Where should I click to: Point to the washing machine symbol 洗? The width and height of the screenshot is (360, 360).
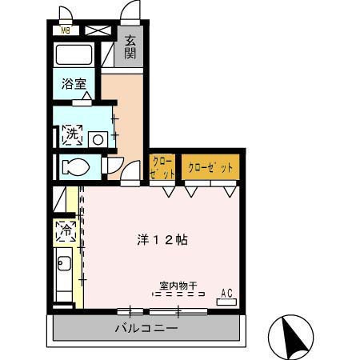coord(71,135)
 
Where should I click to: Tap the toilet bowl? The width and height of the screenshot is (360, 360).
coord(78,168)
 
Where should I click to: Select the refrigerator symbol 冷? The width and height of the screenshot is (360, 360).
coord(65,232)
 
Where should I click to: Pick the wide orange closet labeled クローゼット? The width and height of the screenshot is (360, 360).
coord(210,168)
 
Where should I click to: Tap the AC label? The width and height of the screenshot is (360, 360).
coord(226,291)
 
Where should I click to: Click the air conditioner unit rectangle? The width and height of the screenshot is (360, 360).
coord(226,302)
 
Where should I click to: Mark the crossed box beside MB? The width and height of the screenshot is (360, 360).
coord(97,30)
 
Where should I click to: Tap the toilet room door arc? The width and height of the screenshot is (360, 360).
coord(114,166)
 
